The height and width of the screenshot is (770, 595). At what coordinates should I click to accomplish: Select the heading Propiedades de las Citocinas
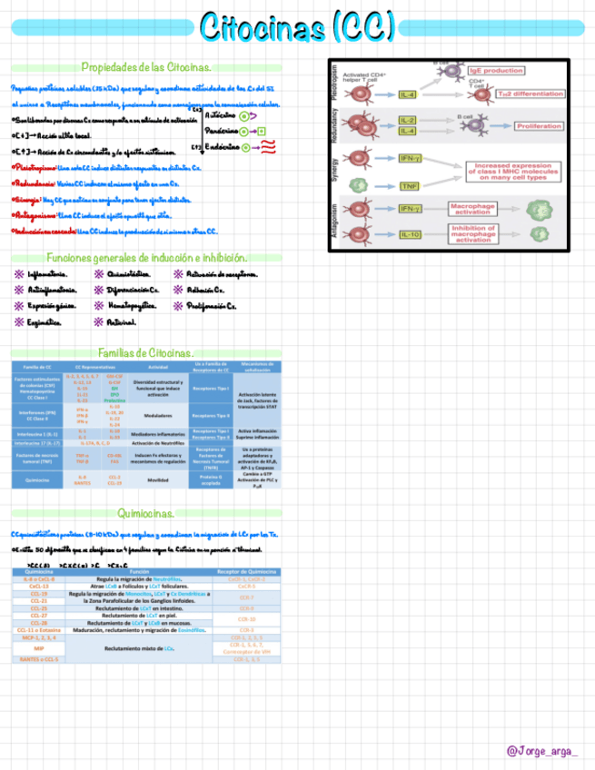pyautogui.click(x=146, y=67)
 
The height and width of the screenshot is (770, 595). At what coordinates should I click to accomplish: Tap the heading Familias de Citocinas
pyautogui.click(x=146, y=352)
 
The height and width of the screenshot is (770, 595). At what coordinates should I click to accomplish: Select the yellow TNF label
pyautogui.click(x=409, y=186)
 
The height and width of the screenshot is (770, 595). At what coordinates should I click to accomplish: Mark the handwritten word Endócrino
pyautogui.click(x=222, y=145)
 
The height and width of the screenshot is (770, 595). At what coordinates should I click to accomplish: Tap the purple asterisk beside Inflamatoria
pyautogui.click(x=18, y=272)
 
